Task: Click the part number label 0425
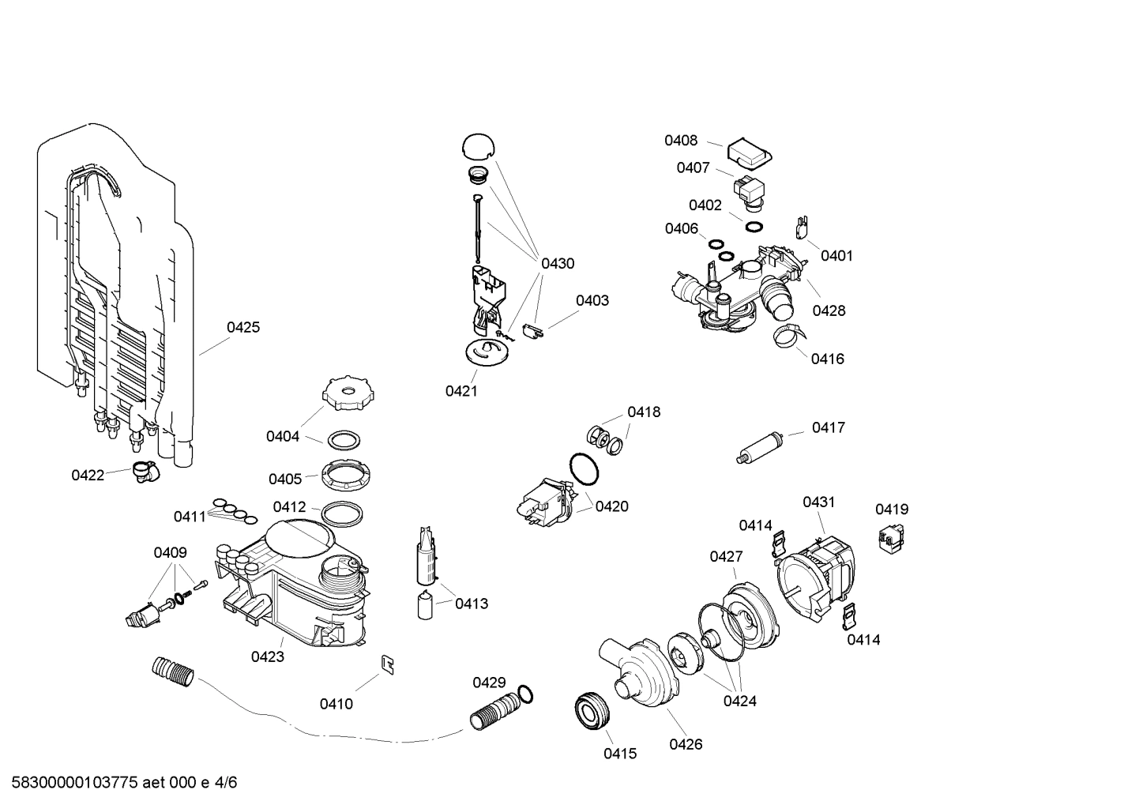tap(243, 327)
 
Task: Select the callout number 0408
tap(680, 141)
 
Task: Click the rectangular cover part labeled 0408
tap(749, 153)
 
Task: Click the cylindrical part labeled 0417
tap(760, 447)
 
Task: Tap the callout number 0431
tap(818, 502)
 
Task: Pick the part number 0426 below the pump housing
tap(686, 743)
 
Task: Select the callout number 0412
tap(289, 506)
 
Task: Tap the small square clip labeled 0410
tap(389, 665)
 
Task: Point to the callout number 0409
tap(170, 552)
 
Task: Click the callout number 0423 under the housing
tap(268, 656)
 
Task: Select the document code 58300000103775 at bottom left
tap(71, 783)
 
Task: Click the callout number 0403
tap(592, 300)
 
